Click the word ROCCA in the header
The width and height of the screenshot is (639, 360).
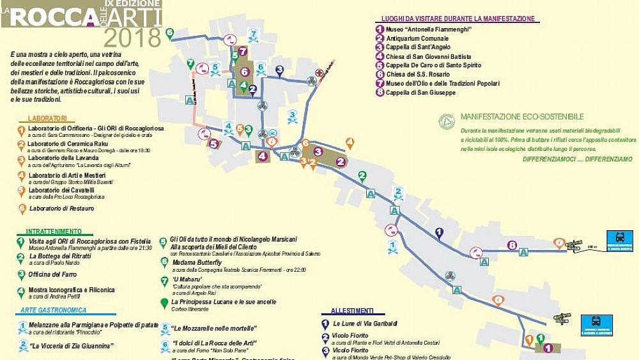(x=52, y=16)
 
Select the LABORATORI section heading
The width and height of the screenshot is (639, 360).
(x=47, y=118)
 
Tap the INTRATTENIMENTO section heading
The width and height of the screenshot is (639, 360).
(x=54, y=231)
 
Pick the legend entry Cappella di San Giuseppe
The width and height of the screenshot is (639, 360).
(x=421, y=93)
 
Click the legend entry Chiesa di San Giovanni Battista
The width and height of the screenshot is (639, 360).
(x=433, y=56)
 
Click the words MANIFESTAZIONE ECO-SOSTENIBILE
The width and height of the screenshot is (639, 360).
(x=522, y=117)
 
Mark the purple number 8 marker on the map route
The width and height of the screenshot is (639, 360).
(x=511, y=245)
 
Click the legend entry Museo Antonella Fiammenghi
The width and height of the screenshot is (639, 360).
(x=428, y=29)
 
